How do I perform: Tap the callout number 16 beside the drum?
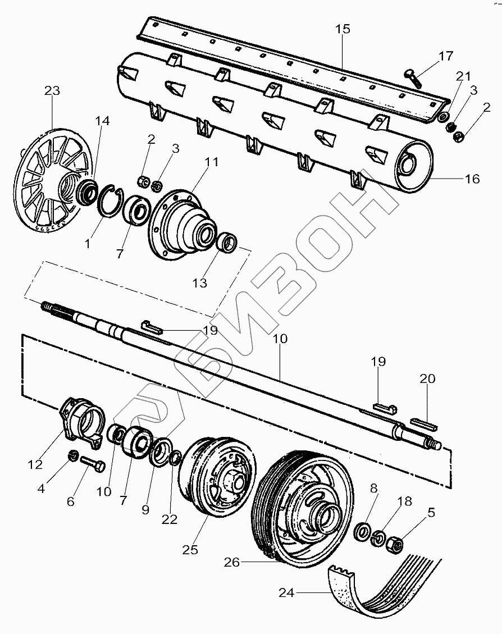coord(472,179)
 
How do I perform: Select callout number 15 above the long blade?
coord(343,29)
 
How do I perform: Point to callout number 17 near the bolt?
coord(445,56)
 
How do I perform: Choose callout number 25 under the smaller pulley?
coord(190,550)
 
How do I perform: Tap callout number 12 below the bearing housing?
coord(35,464)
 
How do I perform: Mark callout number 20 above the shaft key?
coord(427,379)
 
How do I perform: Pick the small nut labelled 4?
coord(72,455)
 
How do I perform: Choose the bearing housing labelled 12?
coord(83,421)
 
